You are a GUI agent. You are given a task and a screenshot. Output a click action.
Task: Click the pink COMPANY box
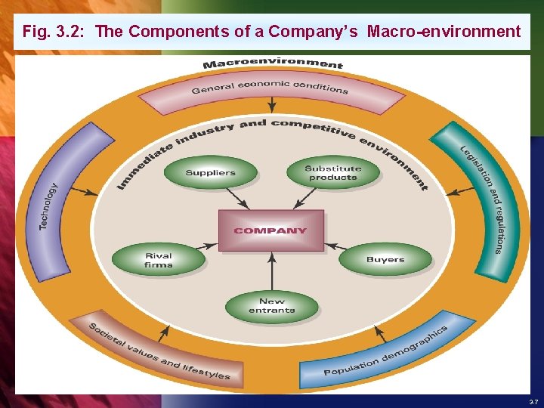click(271, 230)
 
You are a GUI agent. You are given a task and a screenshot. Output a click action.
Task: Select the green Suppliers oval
click(210, 173)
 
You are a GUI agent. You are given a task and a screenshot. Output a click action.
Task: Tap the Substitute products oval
click(333, 173)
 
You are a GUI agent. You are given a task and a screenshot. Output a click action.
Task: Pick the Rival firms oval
click(158, 261)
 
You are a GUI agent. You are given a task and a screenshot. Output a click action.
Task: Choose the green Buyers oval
click(385, 260)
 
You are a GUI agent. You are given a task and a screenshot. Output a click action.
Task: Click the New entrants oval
click(271, 306)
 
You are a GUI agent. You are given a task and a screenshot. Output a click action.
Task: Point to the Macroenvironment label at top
click(273, 64)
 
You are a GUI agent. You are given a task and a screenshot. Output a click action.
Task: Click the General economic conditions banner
click(270, 89)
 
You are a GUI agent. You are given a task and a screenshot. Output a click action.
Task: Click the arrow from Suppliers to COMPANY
click(238, 198)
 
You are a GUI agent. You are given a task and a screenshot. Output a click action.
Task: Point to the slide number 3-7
click(533, 401)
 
